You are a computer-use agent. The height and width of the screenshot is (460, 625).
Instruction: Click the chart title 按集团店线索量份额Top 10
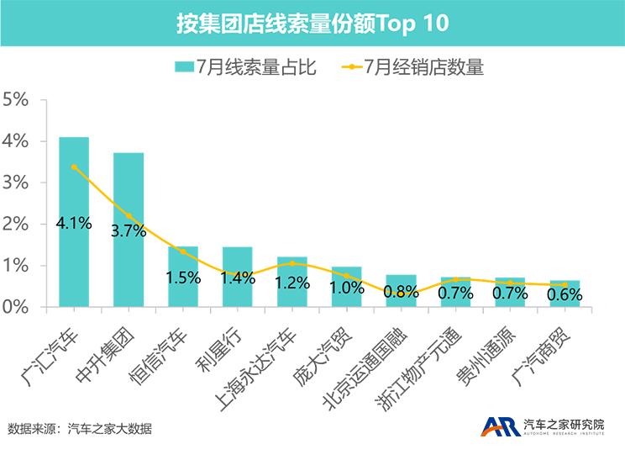(x=312, y=23)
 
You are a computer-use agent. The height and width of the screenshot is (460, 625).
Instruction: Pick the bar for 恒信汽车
(x=183, y=290)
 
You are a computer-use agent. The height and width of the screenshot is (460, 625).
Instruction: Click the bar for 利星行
(x=237, y=290)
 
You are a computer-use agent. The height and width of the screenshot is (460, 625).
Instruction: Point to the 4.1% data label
(x=74, y=224)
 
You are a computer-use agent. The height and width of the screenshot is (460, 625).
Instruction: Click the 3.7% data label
(x=129, y=231)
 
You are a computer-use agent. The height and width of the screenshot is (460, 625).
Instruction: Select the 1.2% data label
(x=291, y=283)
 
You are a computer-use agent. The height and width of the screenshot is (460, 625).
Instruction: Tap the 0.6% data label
(x=565, y=294)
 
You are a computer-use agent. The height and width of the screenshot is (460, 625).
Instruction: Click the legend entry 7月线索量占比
(x=244, y=67)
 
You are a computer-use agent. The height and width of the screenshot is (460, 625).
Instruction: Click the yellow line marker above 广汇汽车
(x=74, y=167)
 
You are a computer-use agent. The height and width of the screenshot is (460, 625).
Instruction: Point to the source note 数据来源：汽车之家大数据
(x=80, y=429)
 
